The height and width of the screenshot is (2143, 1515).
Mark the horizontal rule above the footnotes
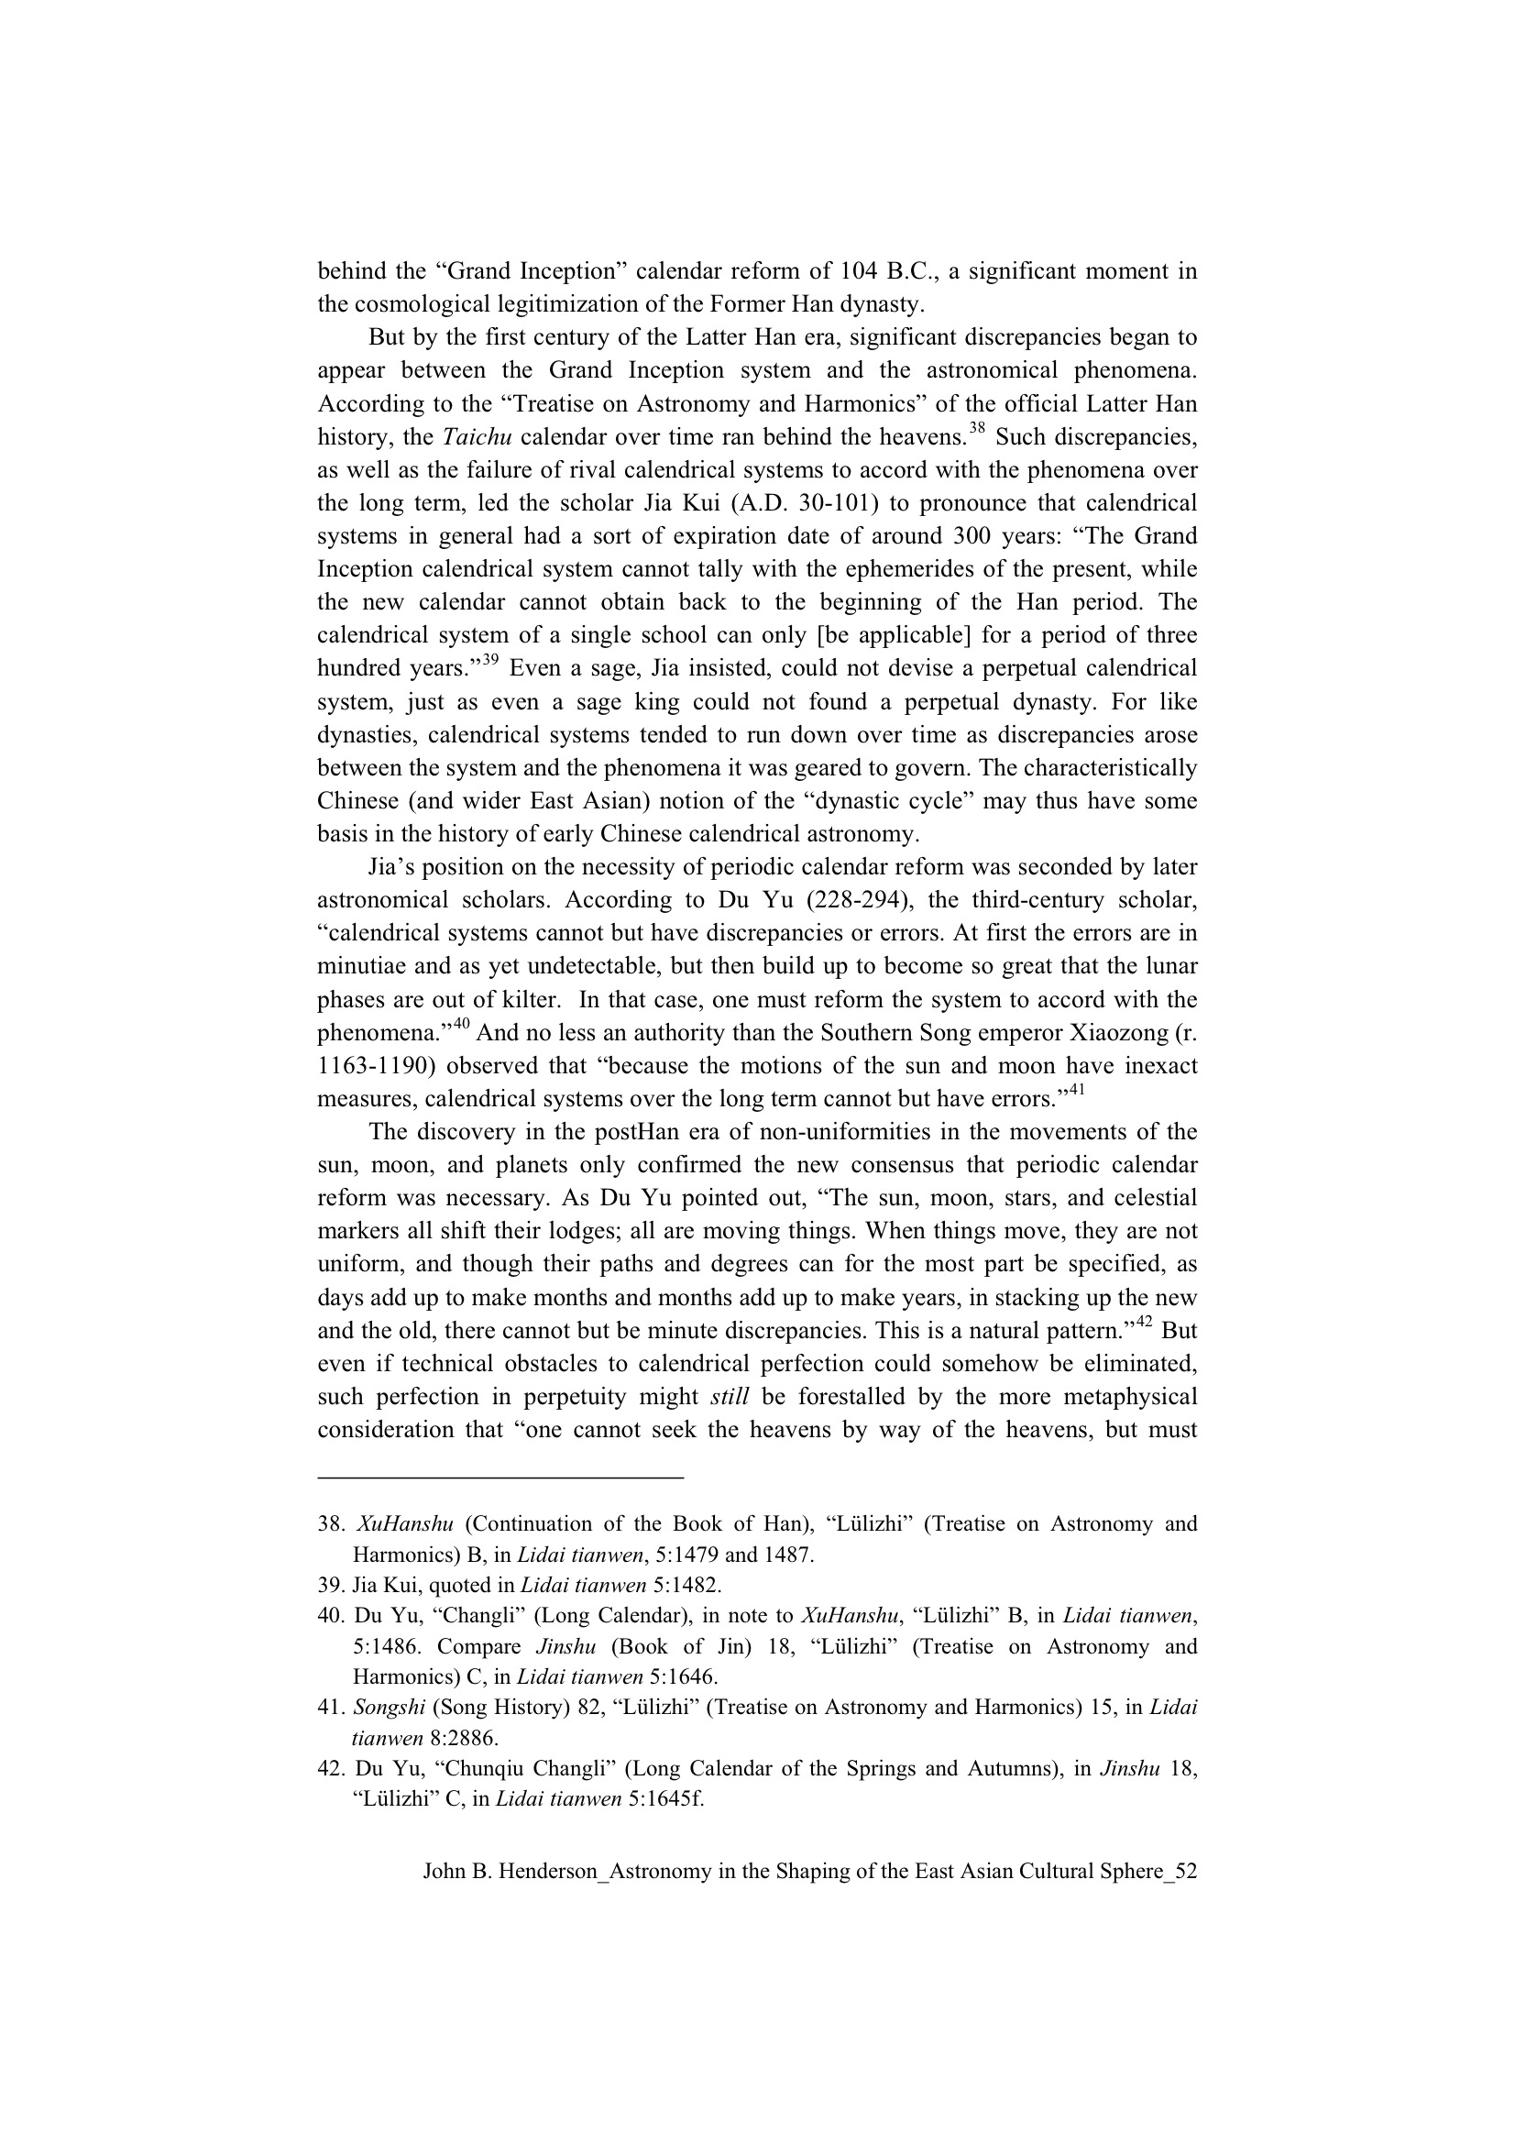pyautogui.click(x=500, y=1478)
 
